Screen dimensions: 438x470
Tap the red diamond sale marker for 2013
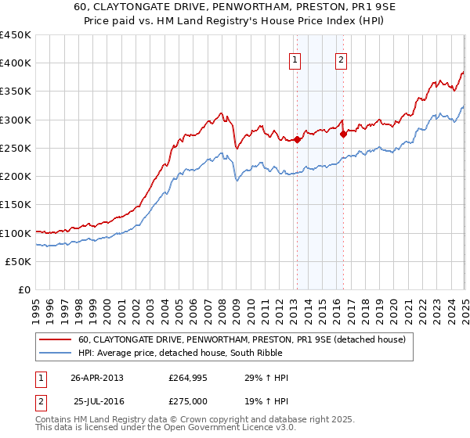pos(298,140)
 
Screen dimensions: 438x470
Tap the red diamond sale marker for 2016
pos(344,134)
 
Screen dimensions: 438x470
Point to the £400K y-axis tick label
pos(16,63)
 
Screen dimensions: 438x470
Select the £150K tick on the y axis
pos(16,205)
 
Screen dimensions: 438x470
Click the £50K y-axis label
pos(19,261)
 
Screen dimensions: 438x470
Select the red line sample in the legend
pos(55,339)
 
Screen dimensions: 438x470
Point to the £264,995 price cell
pos(192,378)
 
